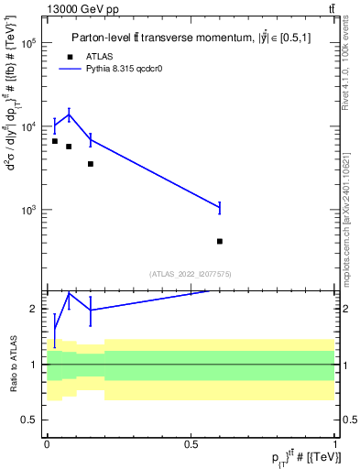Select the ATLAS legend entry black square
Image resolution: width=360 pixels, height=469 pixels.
coord(69,57)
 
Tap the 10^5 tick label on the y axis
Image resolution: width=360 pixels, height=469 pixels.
coord(29,43)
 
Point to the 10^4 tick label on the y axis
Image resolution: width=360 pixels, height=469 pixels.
coord(29,126)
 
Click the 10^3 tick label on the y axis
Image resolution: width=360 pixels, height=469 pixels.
coord(29,210)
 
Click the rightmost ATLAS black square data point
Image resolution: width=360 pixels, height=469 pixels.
coord(220,241)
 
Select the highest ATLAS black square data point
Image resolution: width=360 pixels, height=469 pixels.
coord(55,141)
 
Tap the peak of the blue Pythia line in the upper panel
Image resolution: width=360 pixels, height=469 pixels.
coord(69,115)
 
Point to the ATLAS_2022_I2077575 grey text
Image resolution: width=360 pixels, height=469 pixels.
coord(191,274)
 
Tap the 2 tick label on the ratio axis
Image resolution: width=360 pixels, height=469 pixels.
coord(35,309)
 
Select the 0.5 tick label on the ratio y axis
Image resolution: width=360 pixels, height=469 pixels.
coord(31,420)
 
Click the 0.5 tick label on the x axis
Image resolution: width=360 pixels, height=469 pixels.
coord(191,443)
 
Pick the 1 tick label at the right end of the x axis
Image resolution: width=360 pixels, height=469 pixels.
coord(335,443)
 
